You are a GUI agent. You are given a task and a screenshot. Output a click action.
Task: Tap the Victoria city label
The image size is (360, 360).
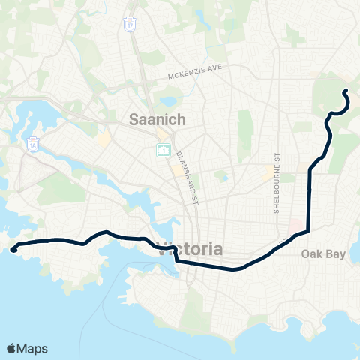[190, 248]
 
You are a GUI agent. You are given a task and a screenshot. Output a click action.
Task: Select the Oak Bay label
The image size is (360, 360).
[324, 254]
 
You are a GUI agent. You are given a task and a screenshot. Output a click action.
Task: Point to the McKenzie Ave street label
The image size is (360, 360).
[197, 76]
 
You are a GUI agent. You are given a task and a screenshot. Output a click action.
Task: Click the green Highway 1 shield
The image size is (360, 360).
[162, 150]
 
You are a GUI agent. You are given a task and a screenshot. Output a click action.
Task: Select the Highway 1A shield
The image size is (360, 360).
[33, 142]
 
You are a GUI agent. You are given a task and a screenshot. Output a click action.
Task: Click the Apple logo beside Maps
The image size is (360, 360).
[12, 348]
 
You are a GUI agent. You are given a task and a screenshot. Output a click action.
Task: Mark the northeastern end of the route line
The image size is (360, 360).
[345, 91]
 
